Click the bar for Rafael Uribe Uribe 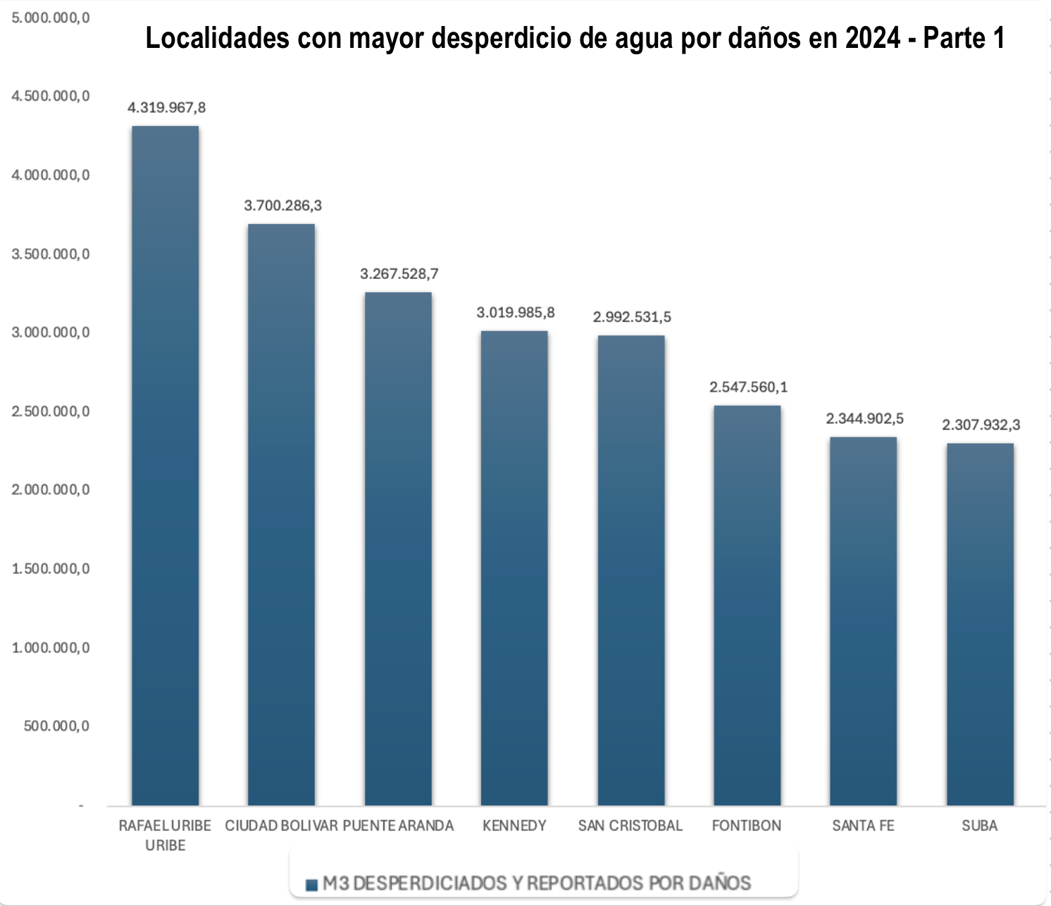point(166,465)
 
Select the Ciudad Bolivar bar point(281,514)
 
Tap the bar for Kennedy point(514,568)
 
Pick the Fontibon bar point(747,605)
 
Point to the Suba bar point(980,624)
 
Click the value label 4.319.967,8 point(166,108)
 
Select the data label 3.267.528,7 point(399,274)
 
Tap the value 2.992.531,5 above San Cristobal point(632,317)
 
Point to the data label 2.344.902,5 point(864,419)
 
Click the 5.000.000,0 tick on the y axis point(51,18)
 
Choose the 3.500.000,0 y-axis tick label point(51,254)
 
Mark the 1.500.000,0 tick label point(51,569)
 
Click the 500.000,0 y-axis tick point(56,726)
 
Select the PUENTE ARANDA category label point(399,826)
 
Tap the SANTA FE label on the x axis point(863,826)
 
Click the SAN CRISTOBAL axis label point(630,826)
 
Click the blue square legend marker point(311,885)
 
